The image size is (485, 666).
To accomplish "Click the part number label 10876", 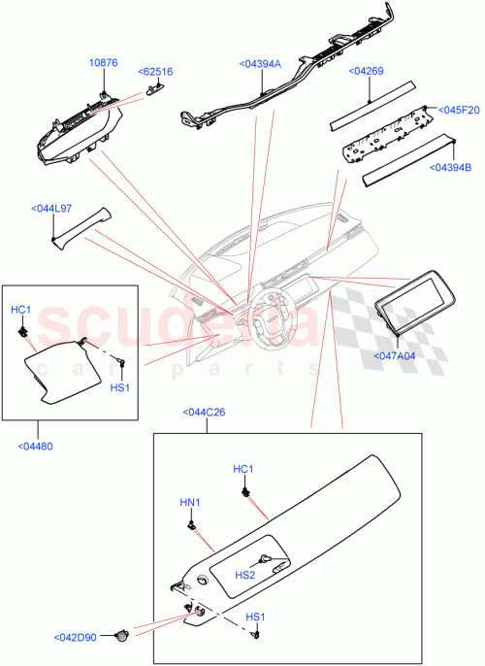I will [x=104, y=63].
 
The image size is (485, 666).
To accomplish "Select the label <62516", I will [x=156, y=72].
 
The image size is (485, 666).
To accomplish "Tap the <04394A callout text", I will [x=259, y=63].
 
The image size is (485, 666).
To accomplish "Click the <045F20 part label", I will [x=459, y=110].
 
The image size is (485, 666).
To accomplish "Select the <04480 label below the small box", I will [x=35, y=446].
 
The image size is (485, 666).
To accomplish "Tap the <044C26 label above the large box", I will [x=204, y=413].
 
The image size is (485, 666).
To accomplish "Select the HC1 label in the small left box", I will [x=21, y=310].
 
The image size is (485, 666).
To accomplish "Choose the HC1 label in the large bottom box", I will [x=242, y=470].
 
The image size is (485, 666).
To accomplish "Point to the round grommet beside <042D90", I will [x=123, y=637].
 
